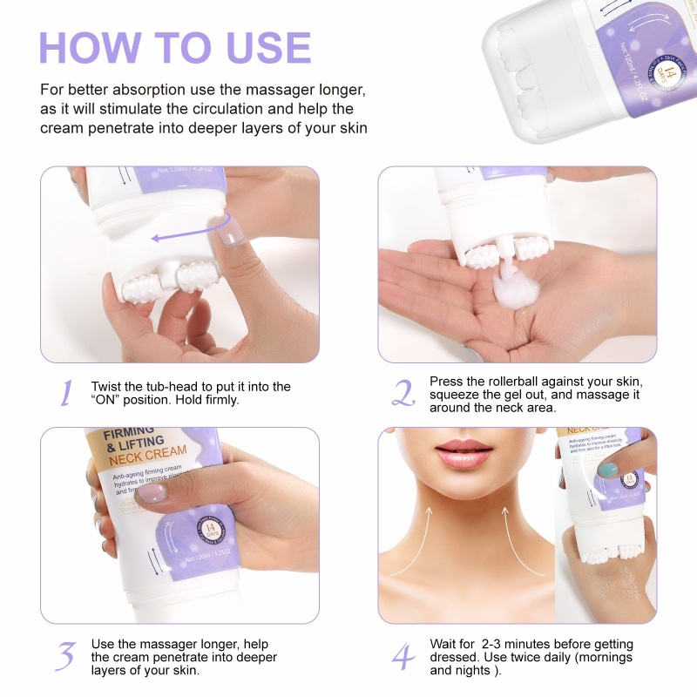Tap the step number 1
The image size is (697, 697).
pos(65,395)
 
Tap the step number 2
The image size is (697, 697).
pos(403,395)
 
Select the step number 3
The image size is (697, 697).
pos(65,655)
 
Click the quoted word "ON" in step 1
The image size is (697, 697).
pos(107,400)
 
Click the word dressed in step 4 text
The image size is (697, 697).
pos(452,657)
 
